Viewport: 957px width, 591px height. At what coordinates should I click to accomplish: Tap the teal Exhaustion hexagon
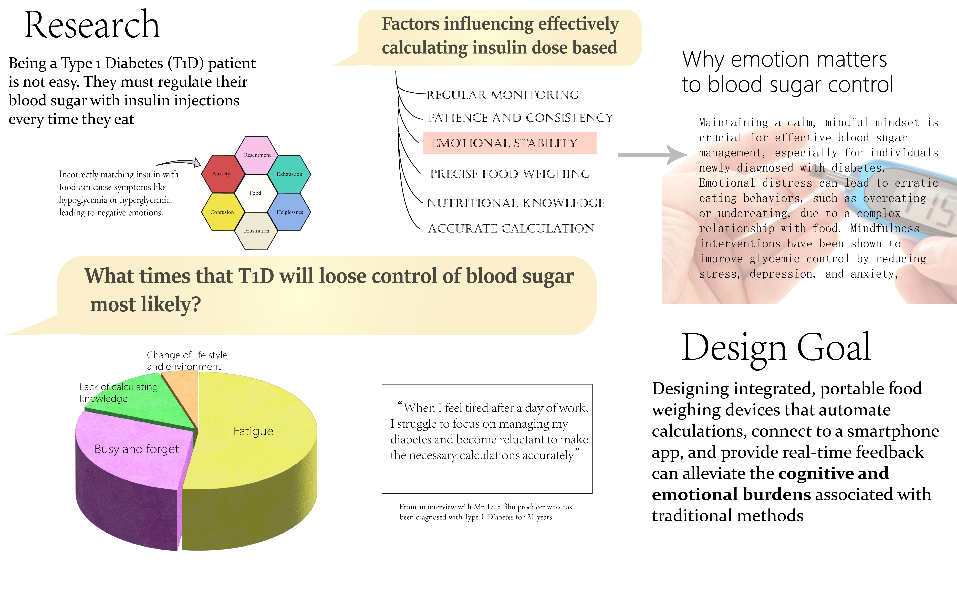[289, 174]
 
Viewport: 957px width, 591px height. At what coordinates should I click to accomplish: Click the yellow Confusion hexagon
[222, 212]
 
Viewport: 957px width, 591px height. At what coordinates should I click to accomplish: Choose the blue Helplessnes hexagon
[290, 212]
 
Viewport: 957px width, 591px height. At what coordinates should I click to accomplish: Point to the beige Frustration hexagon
[256, 231]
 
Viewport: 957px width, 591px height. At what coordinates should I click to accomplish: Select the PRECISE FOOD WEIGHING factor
[509, 174]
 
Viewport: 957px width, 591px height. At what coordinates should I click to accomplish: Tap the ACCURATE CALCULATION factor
[511, 228]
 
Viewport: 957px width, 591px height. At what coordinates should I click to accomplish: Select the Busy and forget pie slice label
[136, 449]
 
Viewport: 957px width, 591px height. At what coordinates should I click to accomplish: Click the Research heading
[92, 25]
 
